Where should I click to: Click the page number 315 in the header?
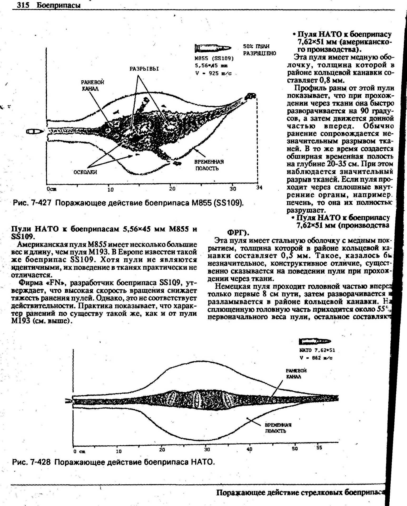click(23, 5)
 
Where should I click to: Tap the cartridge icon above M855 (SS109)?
click(213, 48)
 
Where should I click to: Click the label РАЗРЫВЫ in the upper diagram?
click(144, 69)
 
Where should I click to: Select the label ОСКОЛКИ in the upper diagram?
click(85, 172)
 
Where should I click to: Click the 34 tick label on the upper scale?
click(259, 188)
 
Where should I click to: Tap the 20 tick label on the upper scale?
click(172, 189)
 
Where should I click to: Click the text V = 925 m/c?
click(213, 73)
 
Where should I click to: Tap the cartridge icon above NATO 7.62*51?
click(315, 342)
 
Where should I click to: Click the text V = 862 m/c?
click(316, 358)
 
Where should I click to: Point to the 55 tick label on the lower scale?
click(319, 448)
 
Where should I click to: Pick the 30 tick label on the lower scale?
click(207, 449)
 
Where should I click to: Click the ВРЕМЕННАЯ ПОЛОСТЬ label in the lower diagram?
click(278, 428)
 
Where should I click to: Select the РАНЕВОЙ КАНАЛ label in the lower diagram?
click(296, 373)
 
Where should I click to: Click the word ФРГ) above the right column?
click(238, 233)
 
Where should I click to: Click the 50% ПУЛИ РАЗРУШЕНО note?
click(259, 50)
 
